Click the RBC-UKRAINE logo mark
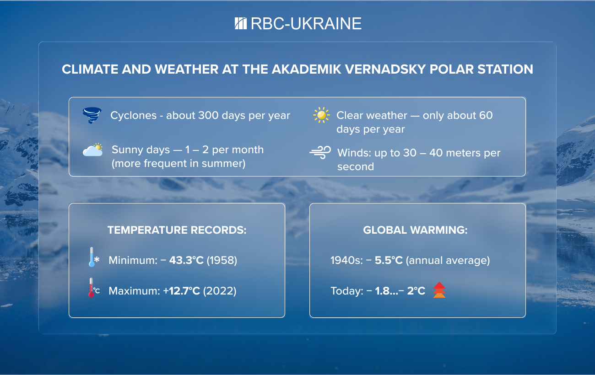pyautogui.click(x=241, y=23)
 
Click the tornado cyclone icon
pyautogui.click(x=92, y=116)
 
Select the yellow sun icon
pyautogui.click(x=321, y=115)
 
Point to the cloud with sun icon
pyautogui.click(x=93, y=150)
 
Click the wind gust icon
pyautogui.click(x=320, y=153)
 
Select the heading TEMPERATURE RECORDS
pyautogui.click(x=177, y=230)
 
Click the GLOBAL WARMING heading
pyautogui.click(x=415, y=230)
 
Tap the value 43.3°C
pyautogui.click(x=186, y=261)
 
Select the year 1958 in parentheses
pyautogui.click(x=222, y=261)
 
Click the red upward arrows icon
pyautogui.click(x=439, y=290)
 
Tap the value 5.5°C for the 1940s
pyautogui.click(x=389, y=261)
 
